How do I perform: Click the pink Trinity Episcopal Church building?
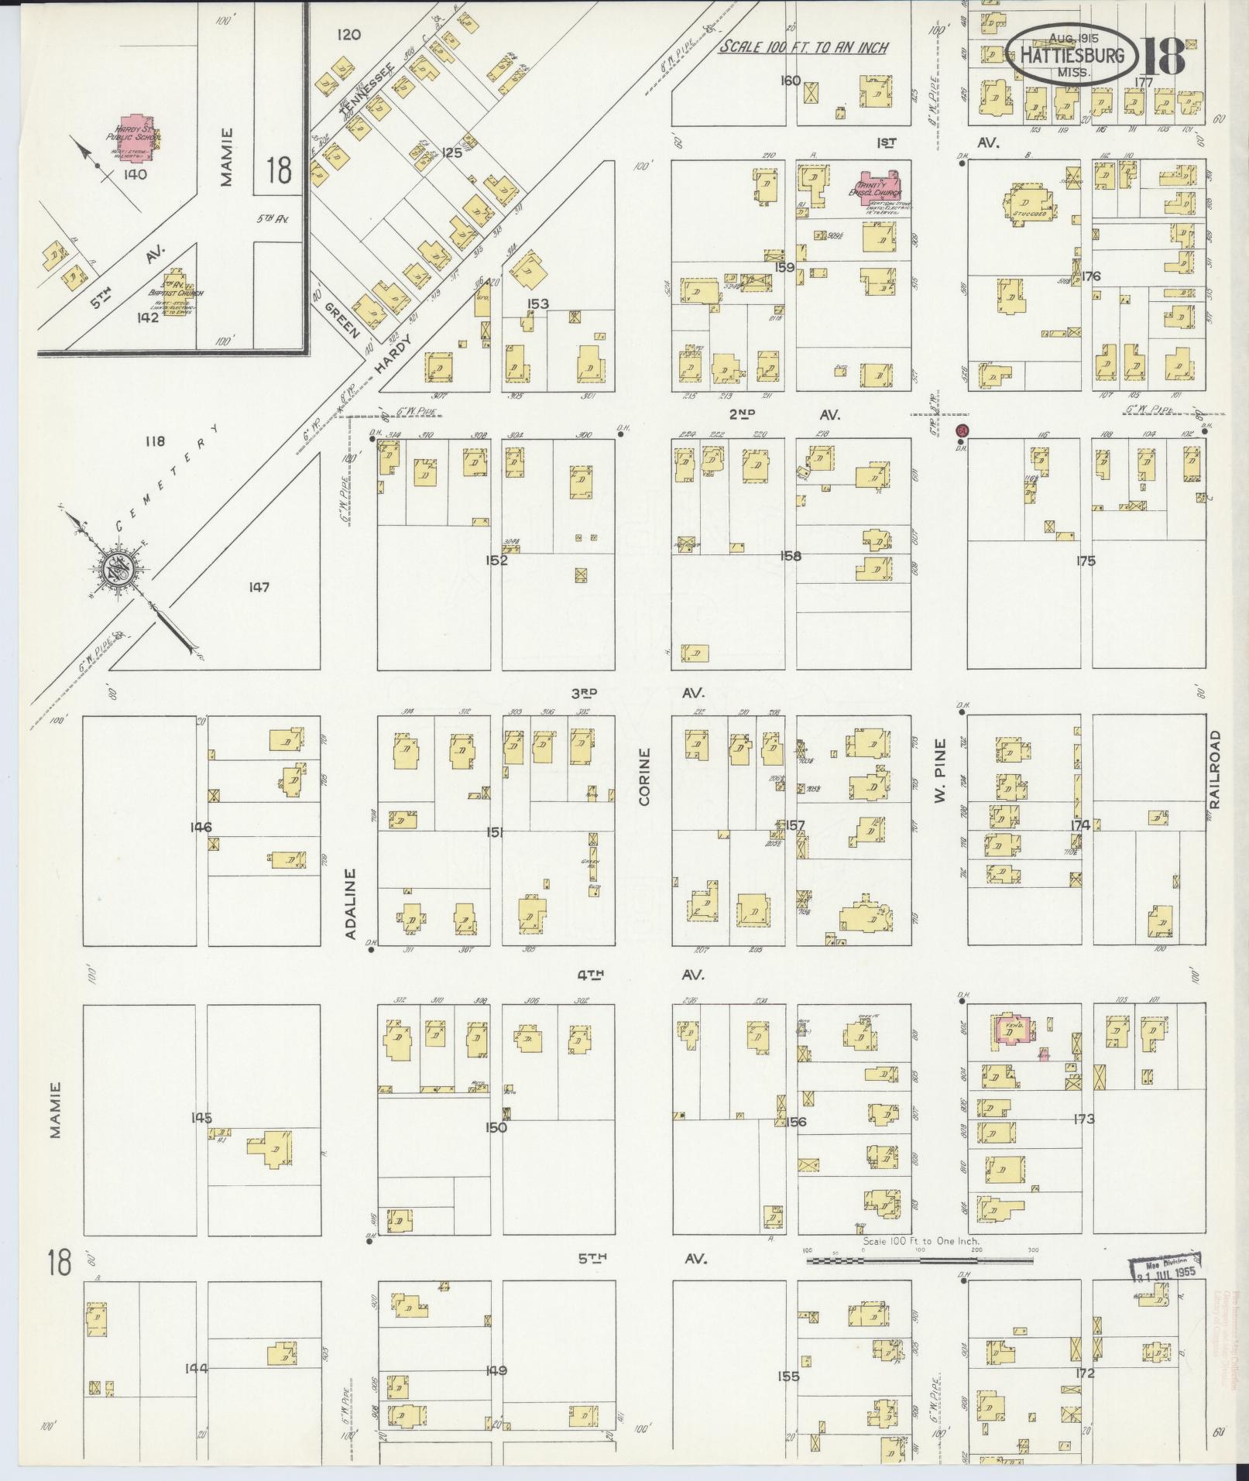880,187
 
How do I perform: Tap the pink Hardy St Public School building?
135,135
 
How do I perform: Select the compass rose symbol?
121,571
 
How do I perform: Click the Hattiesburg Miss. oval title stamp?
1072,54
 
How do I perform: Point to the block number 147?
259,588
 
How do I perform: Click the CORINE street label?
643,776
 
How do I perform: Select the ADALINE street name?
350,903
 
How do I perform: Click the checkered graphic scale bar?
921,1261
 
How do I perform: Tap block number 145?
201,1118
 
